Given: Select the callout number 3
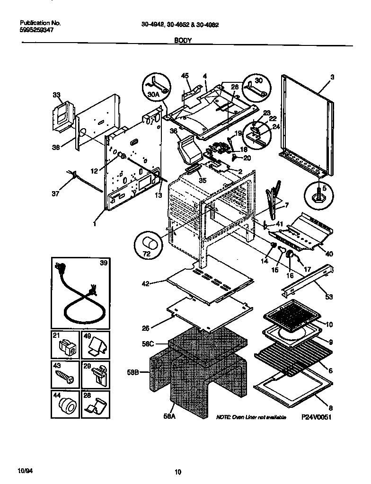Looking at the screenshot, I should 332,76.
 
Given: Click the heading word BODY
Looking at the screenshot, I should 183,41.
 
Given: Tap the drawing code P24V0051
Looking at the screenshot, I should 317,418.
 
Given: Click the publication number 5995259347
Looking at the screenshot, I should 37,29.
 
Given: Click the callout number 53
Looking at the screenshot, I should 328,297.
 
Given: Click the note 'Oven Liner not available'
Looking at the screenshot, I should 251,418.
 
